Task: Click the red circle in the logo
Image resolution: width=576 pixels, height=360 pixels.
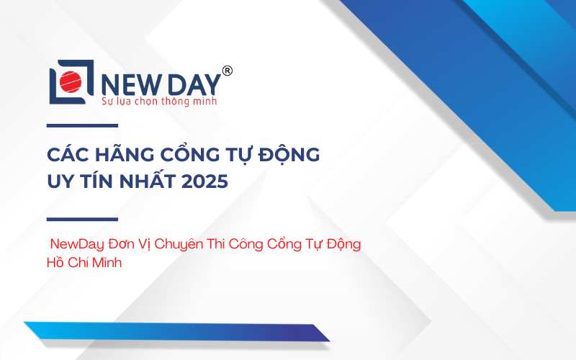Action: tap(71, 81)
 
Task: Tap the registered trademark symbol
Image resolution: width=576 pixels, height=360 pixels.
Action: tap(228, 70)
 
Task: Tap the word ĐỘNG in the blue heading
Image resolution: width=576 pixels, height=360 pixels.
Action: tap(289, 153)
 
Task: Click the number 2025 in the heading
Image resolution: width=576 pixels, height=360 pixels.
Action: tap(205, 181)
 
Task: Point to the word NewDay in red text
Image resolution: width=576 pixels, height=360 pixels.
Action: tap(77, 244)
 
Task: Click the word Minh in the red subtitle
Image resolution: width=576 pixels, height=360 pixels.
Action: tap(107, 263)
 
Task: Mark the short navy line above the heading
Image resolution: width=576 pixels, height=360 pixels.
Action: tap(82, 125)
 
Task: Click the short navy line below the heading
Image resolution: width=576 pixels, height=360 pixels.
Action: tap(82, 220)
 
